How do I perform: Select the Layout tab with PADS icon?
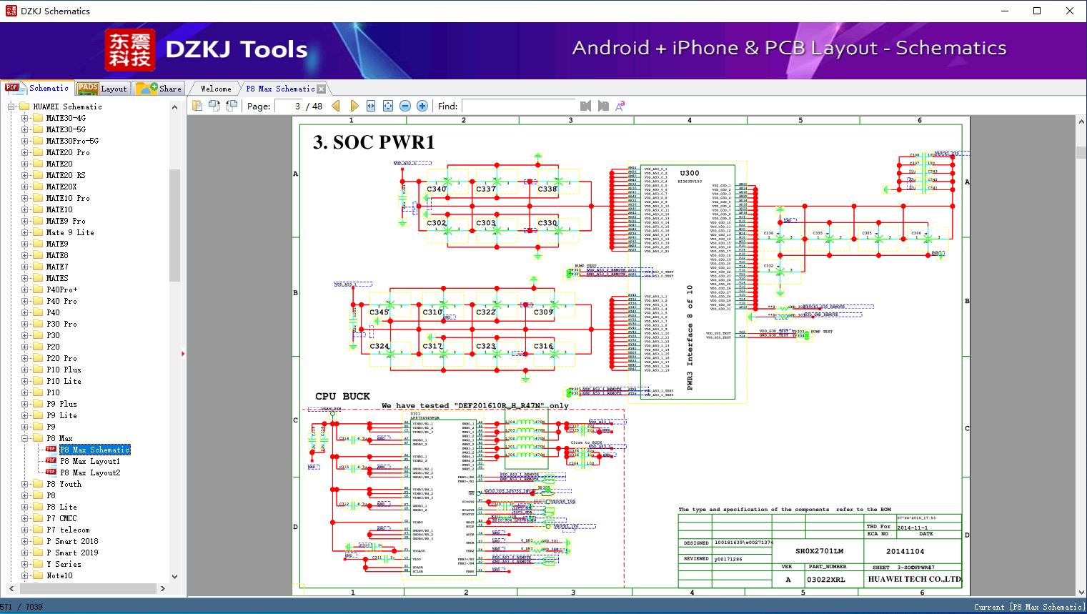pyautogui.click(x=101, y=89)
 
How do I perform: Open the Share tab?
pyautogui.click(x=159, y=89)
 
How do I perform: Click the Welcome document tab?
pyautogui.click(x=215, y=89)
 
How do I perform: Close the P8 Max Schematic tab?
pyautogui.click(x=322, y=89)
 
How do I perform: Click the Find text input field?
pyautogui.click(x=518, y=106)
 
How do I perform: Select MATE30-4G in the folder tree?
pyautogui.click(x=66, y=118)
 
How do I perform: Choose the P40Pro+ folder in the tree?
pyautogui.click(x=62, y=289)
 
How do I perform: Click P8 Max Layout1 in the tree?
pyautogui.click(x=90, y=461)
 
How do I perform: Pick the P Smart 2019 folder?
pyautogui.click(x=72, y=553)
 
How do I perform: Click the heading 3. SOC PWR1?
pyautogui.click(x=374, y=142)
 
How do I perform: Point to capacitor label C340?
pyautogui.click(x=437, y=189)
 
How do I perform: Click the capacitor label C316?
pyautogui.click(x=543, y=346)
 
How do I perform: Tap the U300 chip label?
pyautogui.click(x=690, y=173)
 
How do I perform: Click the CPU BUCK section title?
pyautogui.click(x=342, y=396)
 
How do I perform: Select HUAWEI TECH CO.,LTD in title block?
pyautogui.click(x=914, y=579)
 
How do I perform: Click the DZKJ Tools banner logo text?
pyautogui.click(x=237, y=49)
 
